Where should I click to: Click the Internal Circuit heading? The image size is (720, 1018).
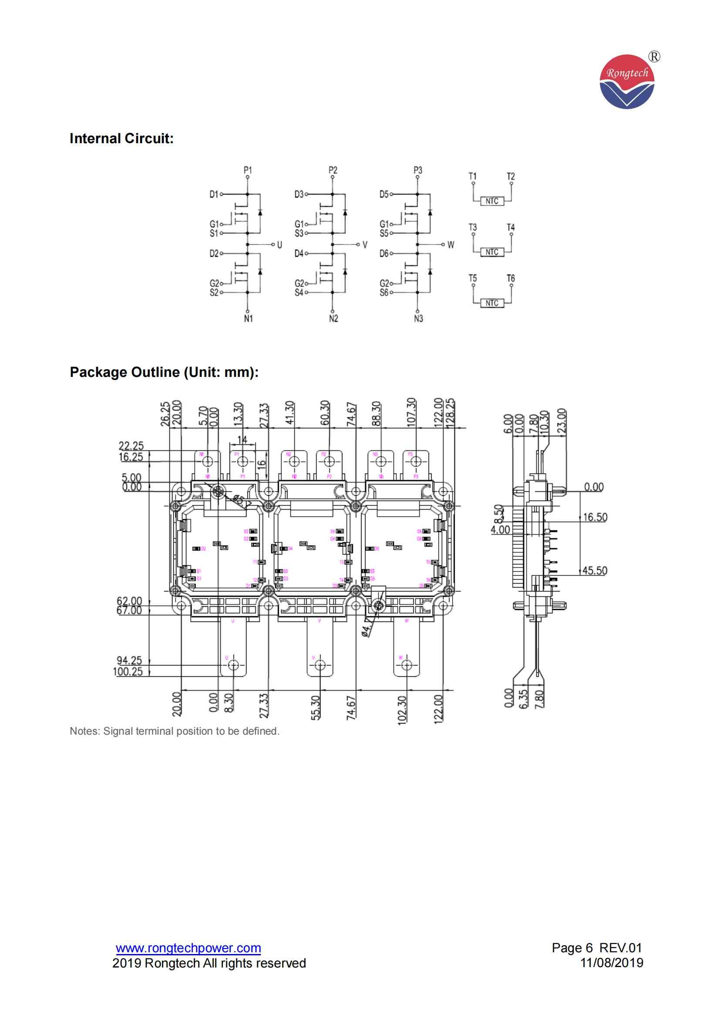click(x=122, y=139)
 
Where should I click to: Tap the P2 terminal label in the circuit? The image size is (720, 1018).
click(x=333, y=170)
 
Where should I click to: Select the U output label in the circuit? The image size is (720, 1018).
click(x=280, y=244)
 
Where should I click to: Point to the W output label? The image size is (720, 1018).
click(x=451, y=244)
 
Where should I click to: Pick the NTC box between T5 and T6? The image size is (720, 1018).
click(x=491, y=303)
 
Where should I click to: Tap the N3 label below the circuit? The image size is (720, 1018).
click(x=418, y=319)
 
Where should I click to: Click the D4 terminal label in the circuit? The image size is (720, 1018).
click(x=298, y=254)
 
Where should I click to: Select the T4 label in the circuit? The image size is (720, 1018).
click(x=510, y=228)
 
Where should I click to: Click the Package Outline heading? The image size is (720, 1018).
click(x=164, y=372)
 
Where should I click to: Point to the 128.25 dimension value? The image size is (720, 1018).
click(x=451, y=413)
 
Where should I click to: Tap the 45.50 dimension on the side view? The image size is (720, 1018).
click(x=595, y=570)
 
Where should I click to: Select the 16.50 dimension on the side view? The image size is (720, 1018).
click(x=595, y=517)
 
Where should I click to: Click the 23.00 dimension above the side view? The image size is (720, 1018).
click(x=561, y=421)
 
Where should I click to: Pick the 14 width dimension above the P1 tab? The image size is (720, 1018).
click(x=242, y=440)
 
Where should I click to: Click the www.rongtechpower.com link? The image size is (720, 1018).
click(x=188, y=948)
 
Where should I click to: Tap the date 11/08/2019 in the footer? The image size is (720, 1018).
click(x=612, y=963)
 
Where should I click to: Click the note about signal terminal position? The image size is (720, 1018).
click(x=174, y=731)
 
